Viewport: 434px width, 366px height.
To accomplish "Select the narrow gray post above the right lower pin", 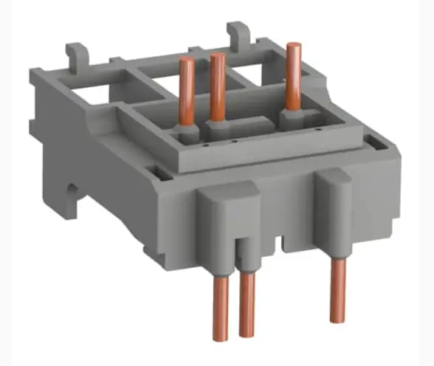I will (x=335, y=214).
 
